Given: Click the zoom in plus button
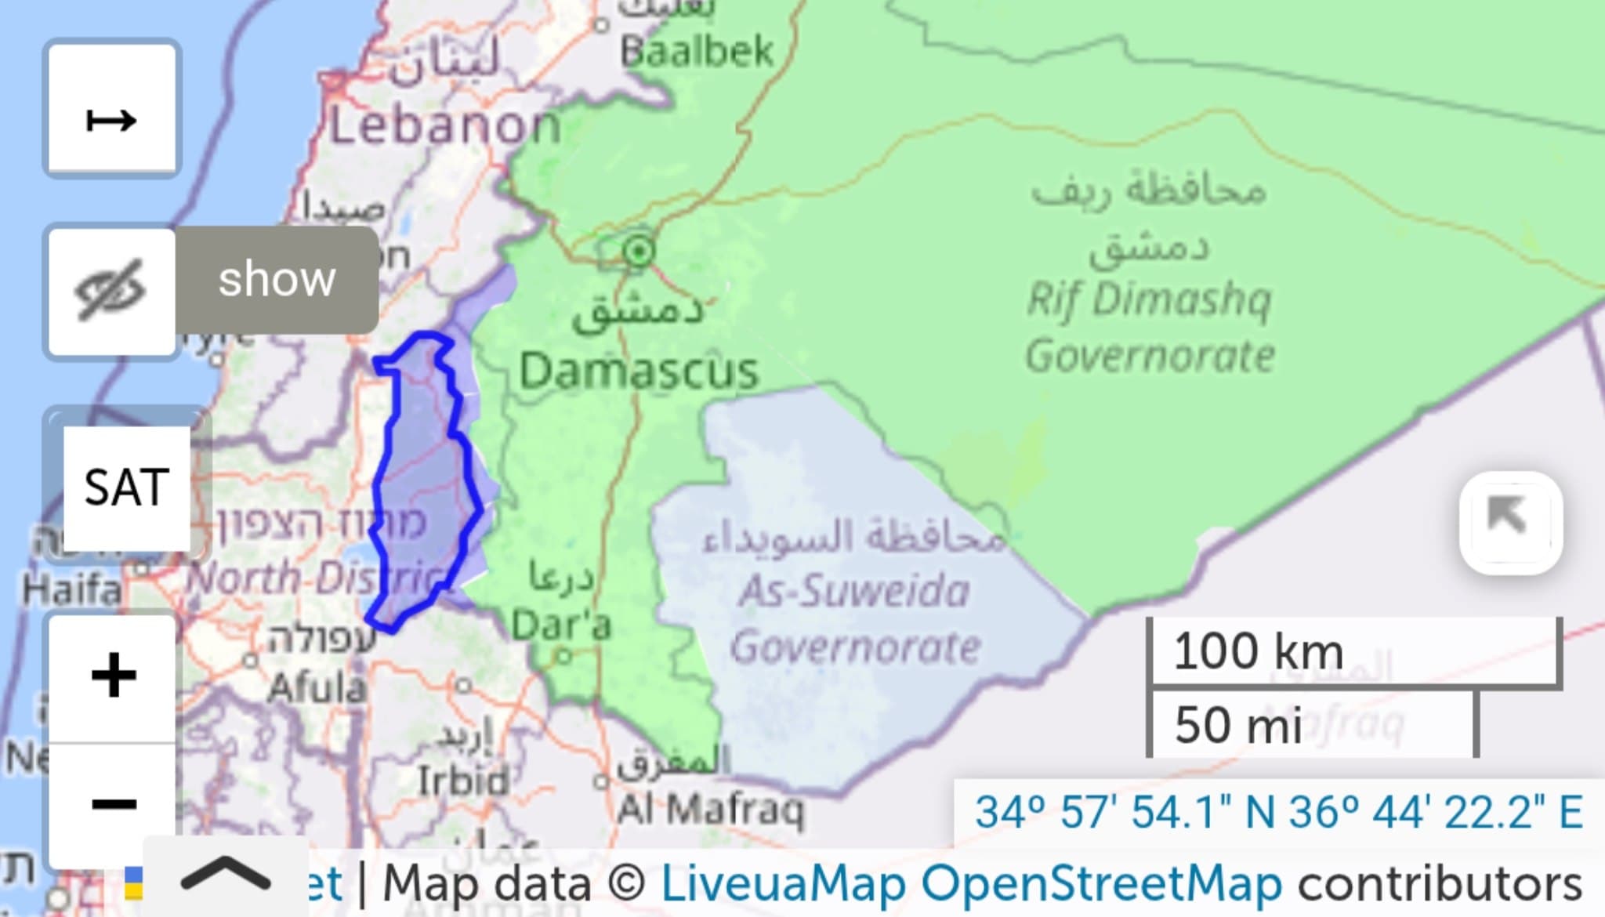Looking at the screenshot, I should click(113, 675).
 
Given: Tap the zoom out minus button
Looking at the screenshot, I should click(113, 803).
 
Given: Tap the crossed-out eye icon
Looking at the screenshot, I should click(111, 291).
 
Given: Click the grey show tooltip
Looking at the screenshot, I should click(277, 280).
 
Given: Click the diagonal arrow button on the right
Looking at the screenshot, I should click(1509, 522).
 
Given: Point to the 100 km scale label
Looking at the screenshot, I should click(1258, 651).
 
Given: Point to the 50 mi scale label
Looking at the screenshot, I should click(1238, 725).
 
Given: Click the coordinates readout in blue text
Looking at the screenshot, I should click(1278, 812).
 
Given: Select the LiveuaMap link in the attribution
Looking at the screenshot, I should click(784, 884).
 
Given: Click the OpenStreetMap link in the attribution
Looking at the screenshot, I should click(1101, 884).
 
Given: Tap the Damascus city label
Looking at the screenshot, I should click(639, 371).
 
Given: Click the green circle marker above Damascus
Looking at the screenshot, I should click(639, 252).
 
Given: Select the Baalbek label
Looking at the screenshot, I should click(697, 53).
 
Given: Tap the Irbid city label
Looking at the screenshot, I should click(462, 781).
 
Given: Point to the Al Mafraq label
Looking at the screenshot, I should click(710, 810).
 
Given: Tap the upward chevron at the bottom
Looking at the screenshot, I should click(226, 875).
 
